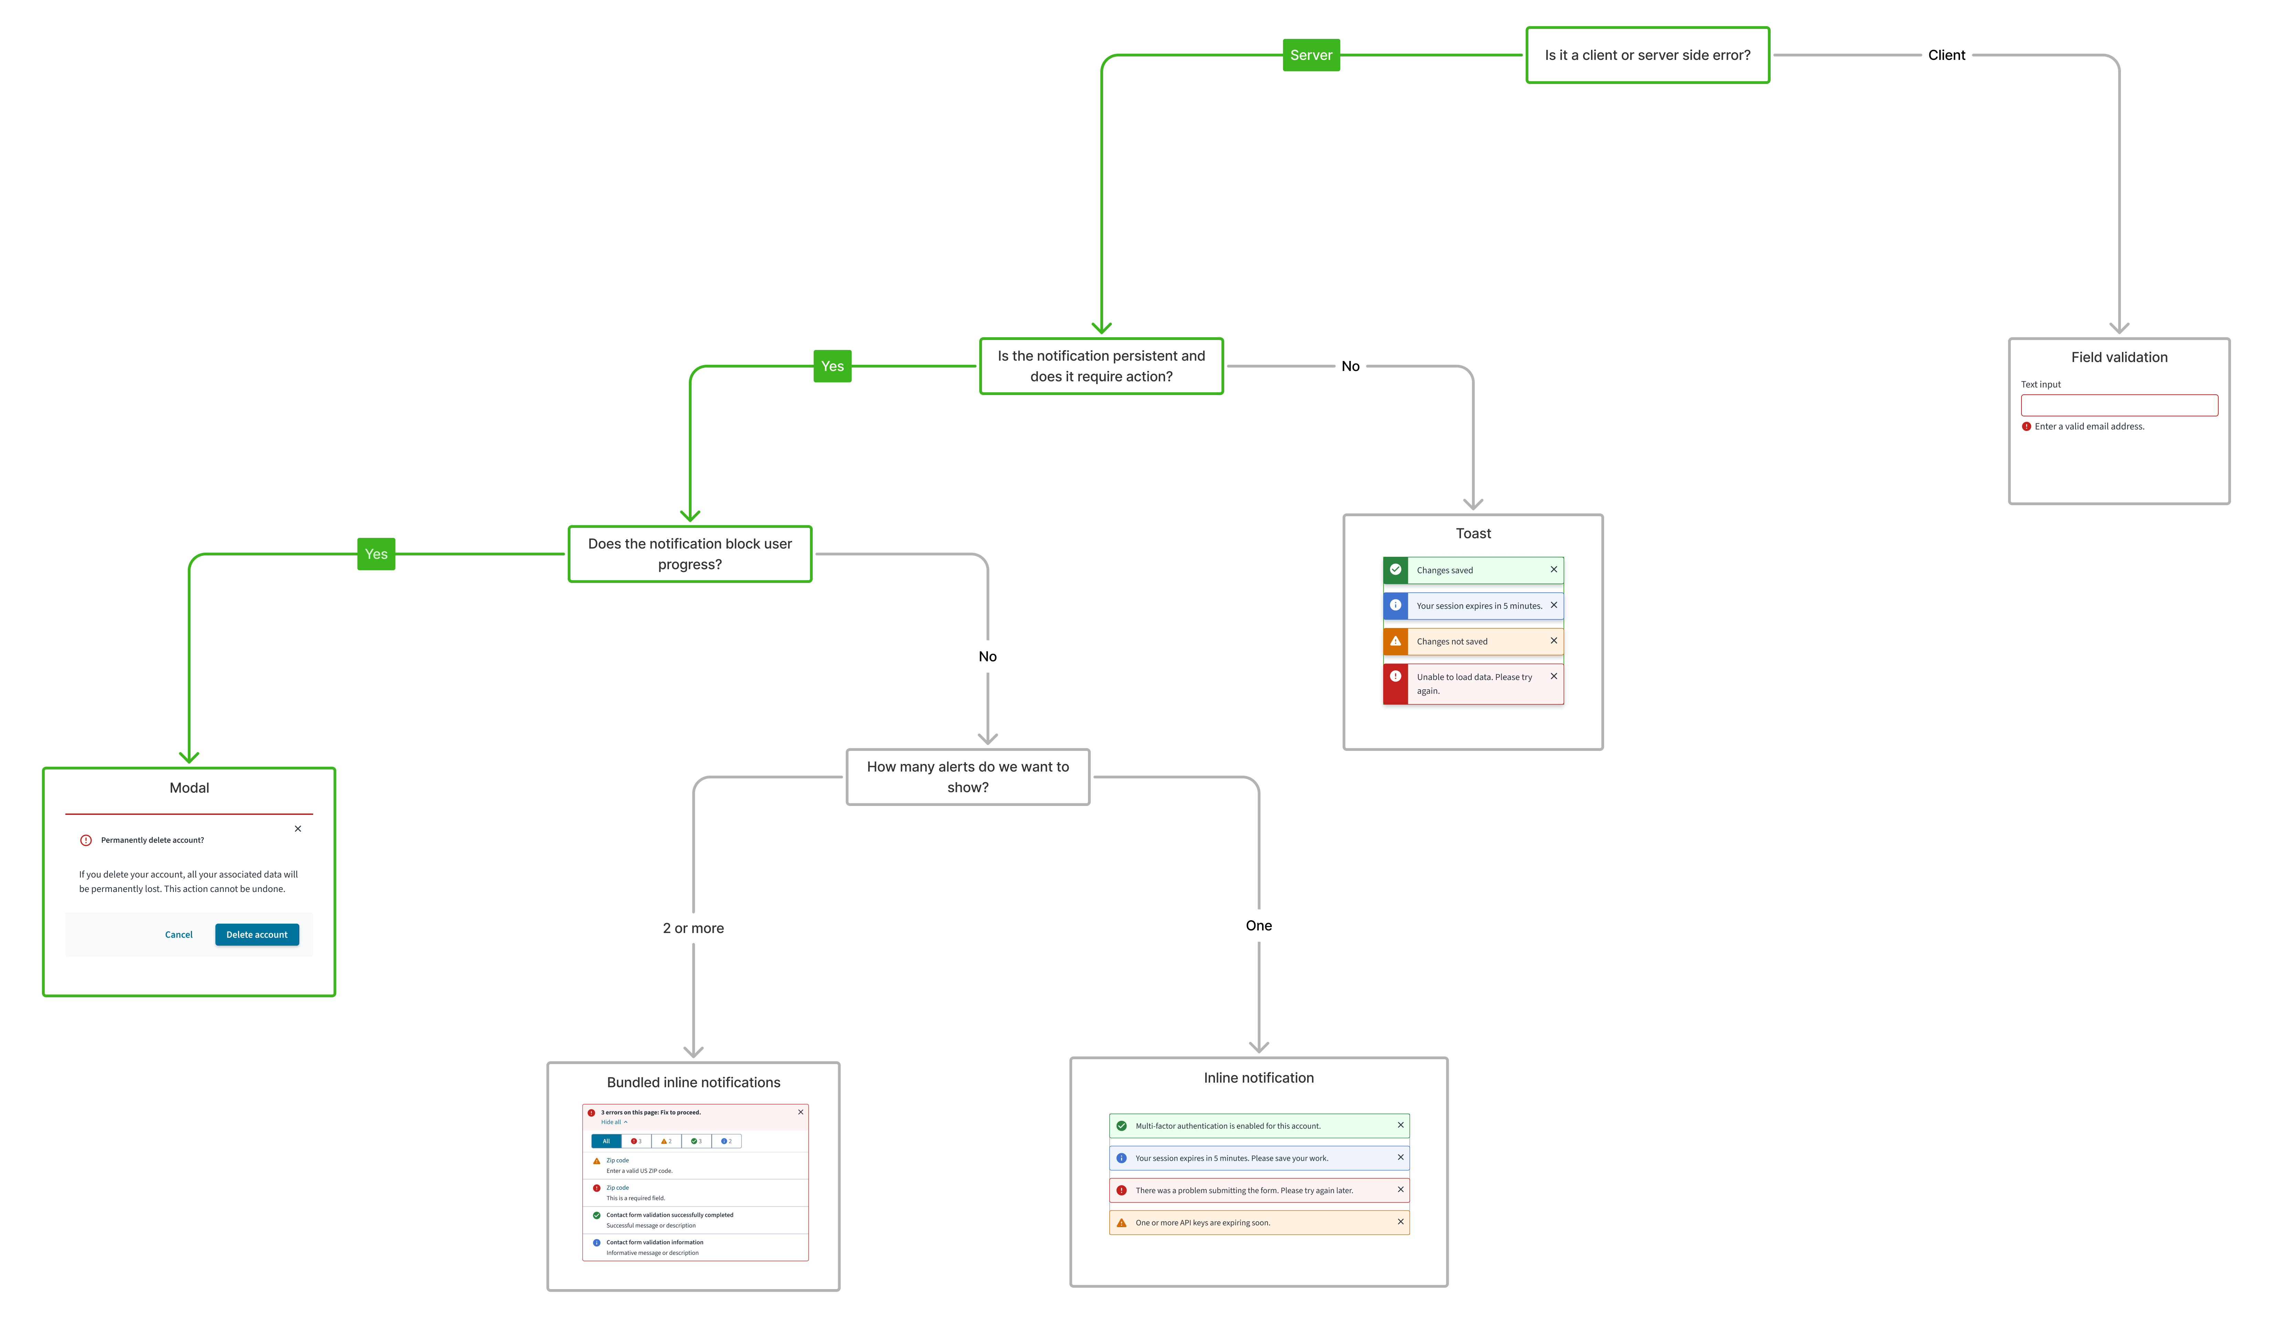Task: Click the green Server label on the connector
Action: point(1311,55)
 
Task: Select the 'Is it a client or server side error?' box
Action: point(1647,55)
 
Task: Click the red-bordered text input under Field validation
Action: point(2119,405)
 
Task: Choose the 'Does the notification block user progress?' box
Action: point(690,554)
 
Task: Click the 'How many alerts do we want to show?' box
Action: point(968,777)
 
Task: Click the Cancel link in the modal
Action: point(179,935)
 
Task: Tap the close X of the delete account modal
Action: point(298,828)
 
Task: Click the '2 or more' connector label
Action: point(693,928)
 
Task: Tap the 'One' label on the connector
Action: point(1258,926)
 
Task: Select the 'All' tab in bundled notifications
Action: point(606,1141)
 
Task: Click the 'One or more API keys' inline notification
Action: point(1258,1222)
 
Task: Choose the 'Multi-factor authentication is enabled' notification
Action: point(1258,1126)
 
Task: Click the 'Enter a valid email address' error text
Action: point(2089,427)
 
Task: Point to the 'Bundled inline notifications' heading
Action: point(693,1083)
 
